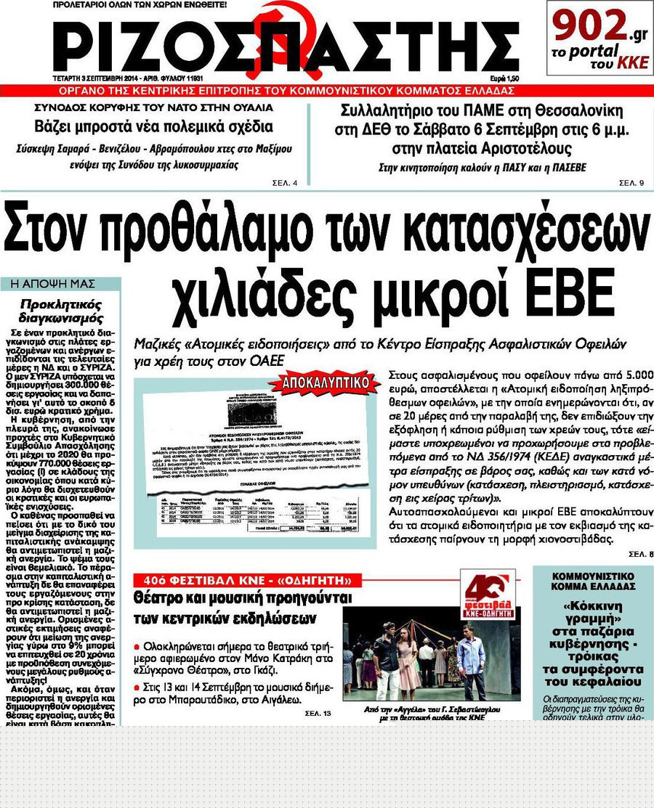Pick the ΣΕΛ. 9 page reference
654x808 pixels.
pyautogui.click(x=631, y=181)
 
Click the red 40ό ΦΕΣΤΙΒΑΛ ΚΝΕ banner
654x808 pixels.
pyautogui.click(x=247, y=581)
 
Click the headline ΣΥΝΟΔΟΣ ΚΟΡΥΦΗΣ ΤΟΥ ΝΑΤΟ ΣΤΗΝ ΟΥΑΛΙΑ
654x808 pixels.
pyautogui.click(x=155, y=107)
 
